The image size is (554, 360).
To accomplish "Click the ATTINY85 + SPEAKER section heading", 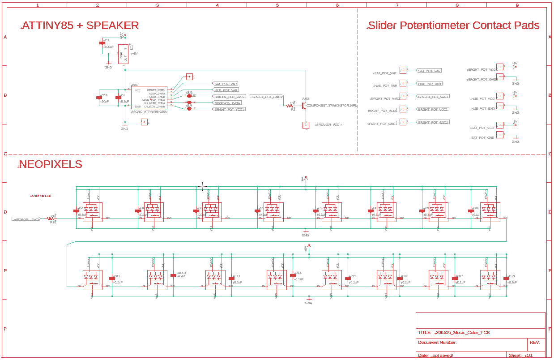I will (x=80, y=26).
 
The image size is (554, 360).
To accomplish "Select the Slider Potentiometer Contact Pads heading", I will (x=453, y=26).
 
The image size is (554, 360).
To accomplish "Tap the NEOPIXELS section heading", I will (x=50, y=164).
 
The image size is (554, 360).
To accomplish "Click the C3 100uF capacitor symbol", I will (x=102, y=43).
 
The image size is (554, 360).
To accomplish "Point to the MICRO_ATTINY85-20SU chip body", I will (x=149, y=98).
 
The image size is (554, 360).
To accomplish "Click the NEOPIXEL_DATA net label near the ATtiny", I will (x=227, y=103).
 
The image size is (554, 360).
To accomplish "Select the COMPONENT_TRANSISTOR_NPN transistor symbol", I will (x=304, y=106).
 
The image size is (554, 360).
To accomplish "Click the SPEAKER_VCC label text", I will (x=328, y=124).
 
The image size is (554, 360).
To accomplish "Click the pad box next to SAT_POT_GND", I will (x=500, y=135).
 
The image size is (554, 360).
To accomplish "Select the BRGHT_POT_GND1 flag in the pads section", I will (x=433, y=122).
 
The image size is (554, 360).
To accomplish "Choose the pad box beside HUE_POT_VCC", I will (x=500, y=96).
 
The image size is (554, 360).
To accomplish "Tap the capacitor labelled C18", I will (x=506, y=279).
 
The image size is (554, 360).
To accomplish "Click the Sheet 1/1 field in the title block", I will (x=521, y=355).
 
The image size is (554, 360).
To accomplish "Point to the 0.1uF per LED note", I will (x=41, y=196).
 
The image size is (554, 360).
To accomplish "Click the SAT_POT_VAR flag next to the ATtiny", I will (x=226, y=84).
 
